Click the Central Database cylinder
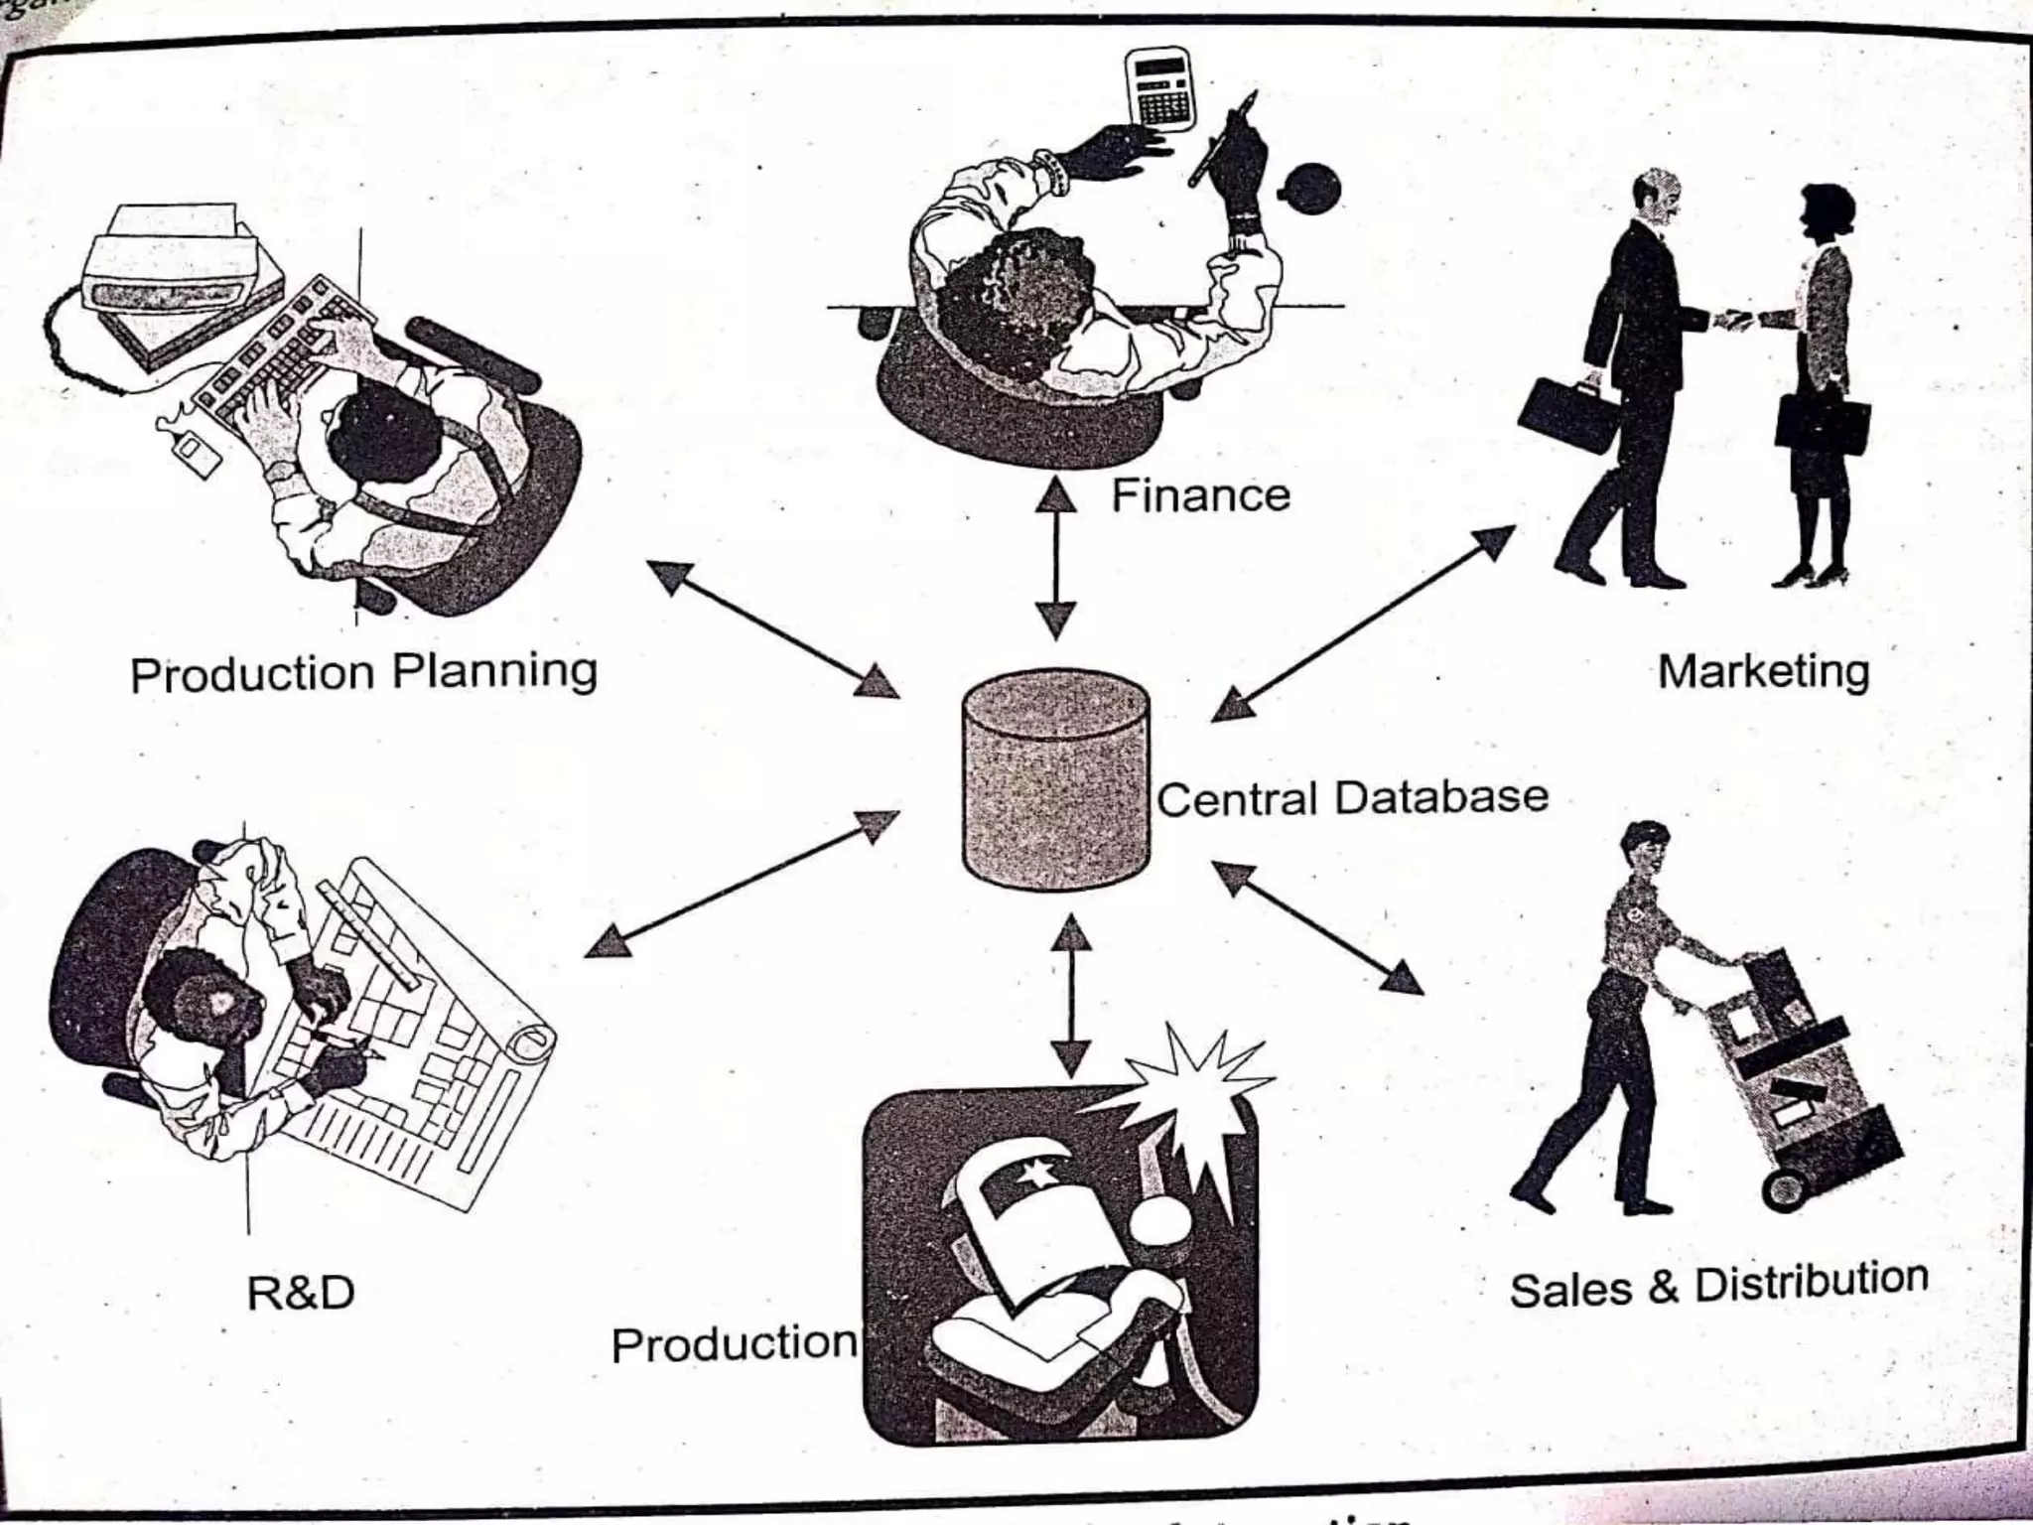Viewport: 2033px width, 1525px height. click(x=1056, y=779)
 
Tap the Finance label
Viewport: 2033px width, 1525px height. click(x=1200, y=495)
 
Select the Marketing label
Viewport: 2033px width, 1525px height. click(x=1763, y=672)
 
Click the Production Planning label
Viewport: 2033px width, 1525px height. click(x=363, y=673)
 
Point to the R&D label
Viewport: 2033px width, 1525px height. click(x=300, y=1293)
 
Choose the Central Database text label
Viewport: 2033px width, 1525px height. click(x=1352, y=798)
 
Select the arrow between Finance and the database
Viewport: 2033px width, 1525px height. click(x=1056, y=558)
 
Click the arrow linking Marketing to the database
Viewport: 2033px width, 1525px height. click(x=1363, y=623)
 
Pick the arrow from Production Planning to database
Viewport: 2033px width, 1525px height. click(x=773, y=628)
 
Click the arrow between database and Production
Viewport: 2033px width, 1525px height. click(x=1070, y=995)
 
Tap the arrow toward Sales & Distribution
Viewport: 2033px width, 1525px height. click(x=1318, y=927)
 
